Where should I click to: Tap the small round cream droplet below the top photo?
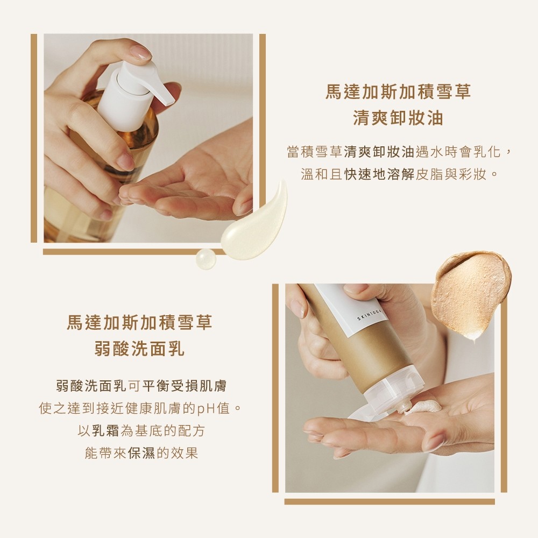point(206,259)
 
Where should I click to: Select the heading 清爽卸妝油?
point(398,118)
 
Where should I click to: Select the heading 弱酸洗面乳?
point(139,349)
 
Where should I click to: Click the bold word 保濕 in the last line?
point(141,453)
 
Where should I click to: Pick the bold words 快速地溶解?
point(379,175)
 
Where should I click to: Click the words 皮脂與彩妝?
point(451,175)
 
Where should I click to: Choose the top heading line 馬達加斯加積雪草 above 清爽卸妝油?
point(398,91)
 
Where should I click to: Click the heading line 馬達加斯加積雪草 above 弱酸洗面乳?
point(139,322)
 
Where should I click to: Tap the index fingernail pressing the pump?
point(141,53)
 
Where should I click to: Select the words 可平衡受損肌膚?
point(177,386)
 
